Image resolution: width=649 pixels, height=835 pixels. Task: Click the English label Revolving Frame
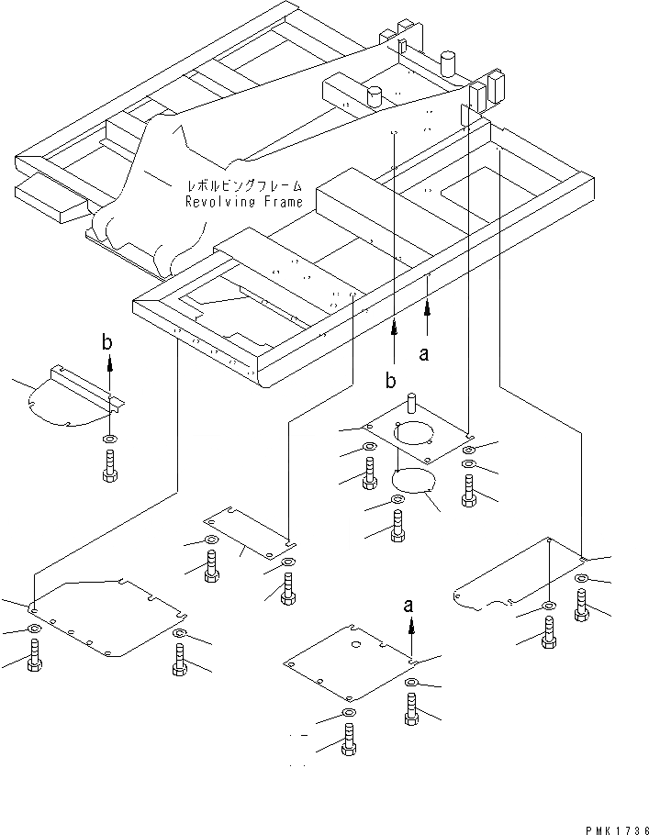(244, 201)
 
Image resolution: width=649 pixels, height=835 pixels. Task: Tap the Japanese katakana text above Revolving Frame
(244, 186)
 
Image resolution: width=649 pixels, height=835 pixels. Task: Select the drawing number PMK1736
(617, 830)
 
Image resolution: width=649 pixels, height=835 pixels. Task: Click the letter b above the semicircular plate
(107, 342)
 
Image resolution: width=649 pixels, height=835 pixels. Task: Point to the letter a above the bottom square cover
(408, 606)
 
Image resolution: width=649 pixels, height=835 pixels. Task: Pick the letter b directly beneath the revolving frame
(390, 381)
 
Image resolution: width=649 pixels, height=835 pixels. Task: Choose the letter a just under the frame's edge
(423, 353)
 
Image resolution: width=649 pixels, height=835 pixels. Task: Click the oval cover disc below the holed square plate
(413, 480)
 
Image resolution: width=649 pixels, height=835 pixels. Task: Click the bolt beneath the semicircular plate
(110, 466)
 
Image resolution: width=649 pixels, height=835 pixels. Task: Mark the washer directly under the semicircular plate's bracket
(110, 440)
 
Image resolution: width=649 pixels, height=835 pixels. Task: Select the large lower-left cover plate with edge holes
(106, 617)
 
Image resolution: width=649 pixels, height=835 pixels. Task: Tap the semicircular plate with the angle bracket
(74, 396)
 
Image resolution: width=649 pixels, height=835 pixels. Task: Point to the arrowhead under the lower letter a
(411, 628)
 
